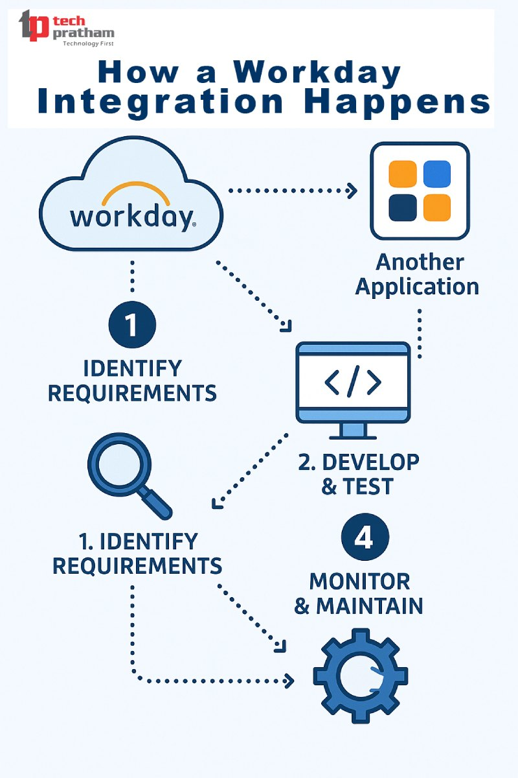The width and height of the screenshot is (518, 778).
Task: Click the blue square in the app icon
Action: click(x=437, y=174)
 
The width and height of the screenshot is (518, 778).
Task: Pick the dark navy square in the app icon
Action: click(x=402, y=207)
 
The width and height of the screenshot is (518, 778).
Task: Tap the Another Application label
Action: click(x=418, y=274)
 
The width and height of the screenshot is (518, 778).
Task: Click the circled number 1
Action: click(x=132, y=325)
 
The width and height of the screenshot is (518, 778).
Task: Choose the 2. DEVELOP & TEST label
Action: click(x=358, y=474)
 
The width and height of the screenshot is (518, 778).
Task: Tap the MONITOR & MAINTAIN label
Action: click(x=359, y=593)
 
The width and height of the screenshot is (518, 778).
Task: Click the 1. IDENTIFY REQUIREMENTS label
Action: click(x=137, y=553)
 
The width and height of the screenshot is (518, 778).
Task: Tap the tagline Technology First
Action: click(x=87, y=44)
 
